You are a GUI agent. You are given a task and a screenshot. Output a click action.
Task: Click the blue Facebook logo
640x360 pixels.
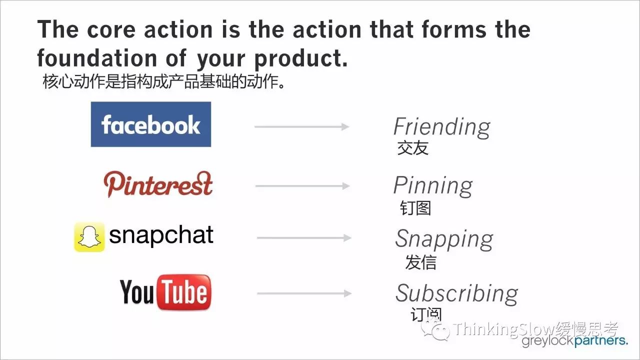pyautogui.click(x=151, y=124)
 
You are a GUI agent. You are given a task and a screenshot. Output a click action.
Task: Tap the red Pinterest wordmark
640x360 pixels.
pyautogui.click(x=158, y=184)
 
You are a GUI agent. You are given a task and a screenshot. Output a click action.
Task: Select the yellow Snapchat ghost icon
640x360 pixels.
pyautogui.click(x=89, y=237)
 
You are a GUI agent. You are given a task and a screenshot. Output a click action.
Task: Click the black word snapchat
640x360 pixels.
pyautogui.click(x=161, y=235)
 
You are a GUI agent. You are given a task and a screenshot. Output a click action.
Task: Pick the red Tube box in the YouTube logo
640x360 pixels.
pyautogui.click(x=184, y=292)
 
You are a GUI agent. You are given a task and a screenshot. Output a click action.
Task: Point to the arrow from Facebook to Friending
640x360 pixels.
pyautogui.click(x=301, y=126)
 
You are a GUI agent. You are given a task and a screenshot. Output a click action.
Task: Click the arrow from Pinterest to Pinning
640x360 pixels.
pyautogui.click(x=302, y=186)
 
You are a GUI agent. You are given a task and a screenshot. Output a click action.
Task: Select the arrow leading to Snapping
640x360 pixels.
pyautogui.click(x=304, y=237)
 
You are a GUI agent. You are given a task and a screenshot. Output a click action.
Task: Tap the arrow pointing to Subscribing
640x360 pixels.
pyautogui.click(x=304, y=293)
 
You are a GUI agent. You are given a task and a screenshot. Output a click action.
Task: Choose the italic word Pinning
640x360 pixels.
pyautogui.click(x=433, y=186)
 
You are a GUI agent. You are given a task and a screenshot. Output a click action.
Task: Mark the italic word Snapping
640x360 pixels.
pyautogui.click(x=444, y=239)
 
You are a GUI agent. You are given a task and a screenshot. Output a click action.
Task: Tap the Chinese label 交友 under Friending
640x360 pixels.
pyautogui.click(x=413, y=147)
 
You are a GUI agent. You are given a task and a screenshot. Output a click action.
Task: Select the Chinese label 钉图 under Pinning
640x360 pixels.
pyautogui.click(x=415, y=207)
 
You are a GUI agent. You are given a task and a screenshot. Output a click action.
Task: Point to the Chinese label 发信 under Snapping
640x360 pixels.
pyautogui.click(x=420, y=262)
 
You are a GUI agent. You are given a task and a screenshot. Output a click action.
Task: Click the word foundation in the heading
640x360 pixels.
pyautogui.click(x=97, y=58)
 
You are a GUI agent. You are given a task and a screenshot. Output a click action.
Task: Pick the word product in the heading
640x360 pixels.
pyautogui.click(x=301, y=59)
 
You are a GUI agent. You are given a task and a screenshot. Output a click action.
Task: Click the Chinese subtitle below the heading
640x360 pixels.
pyautogui.click(x=163, y=81)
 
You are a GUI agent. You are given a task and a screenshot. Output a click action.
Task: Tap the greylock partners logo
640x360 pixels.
pyautogui.click(x=574, y=341)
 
